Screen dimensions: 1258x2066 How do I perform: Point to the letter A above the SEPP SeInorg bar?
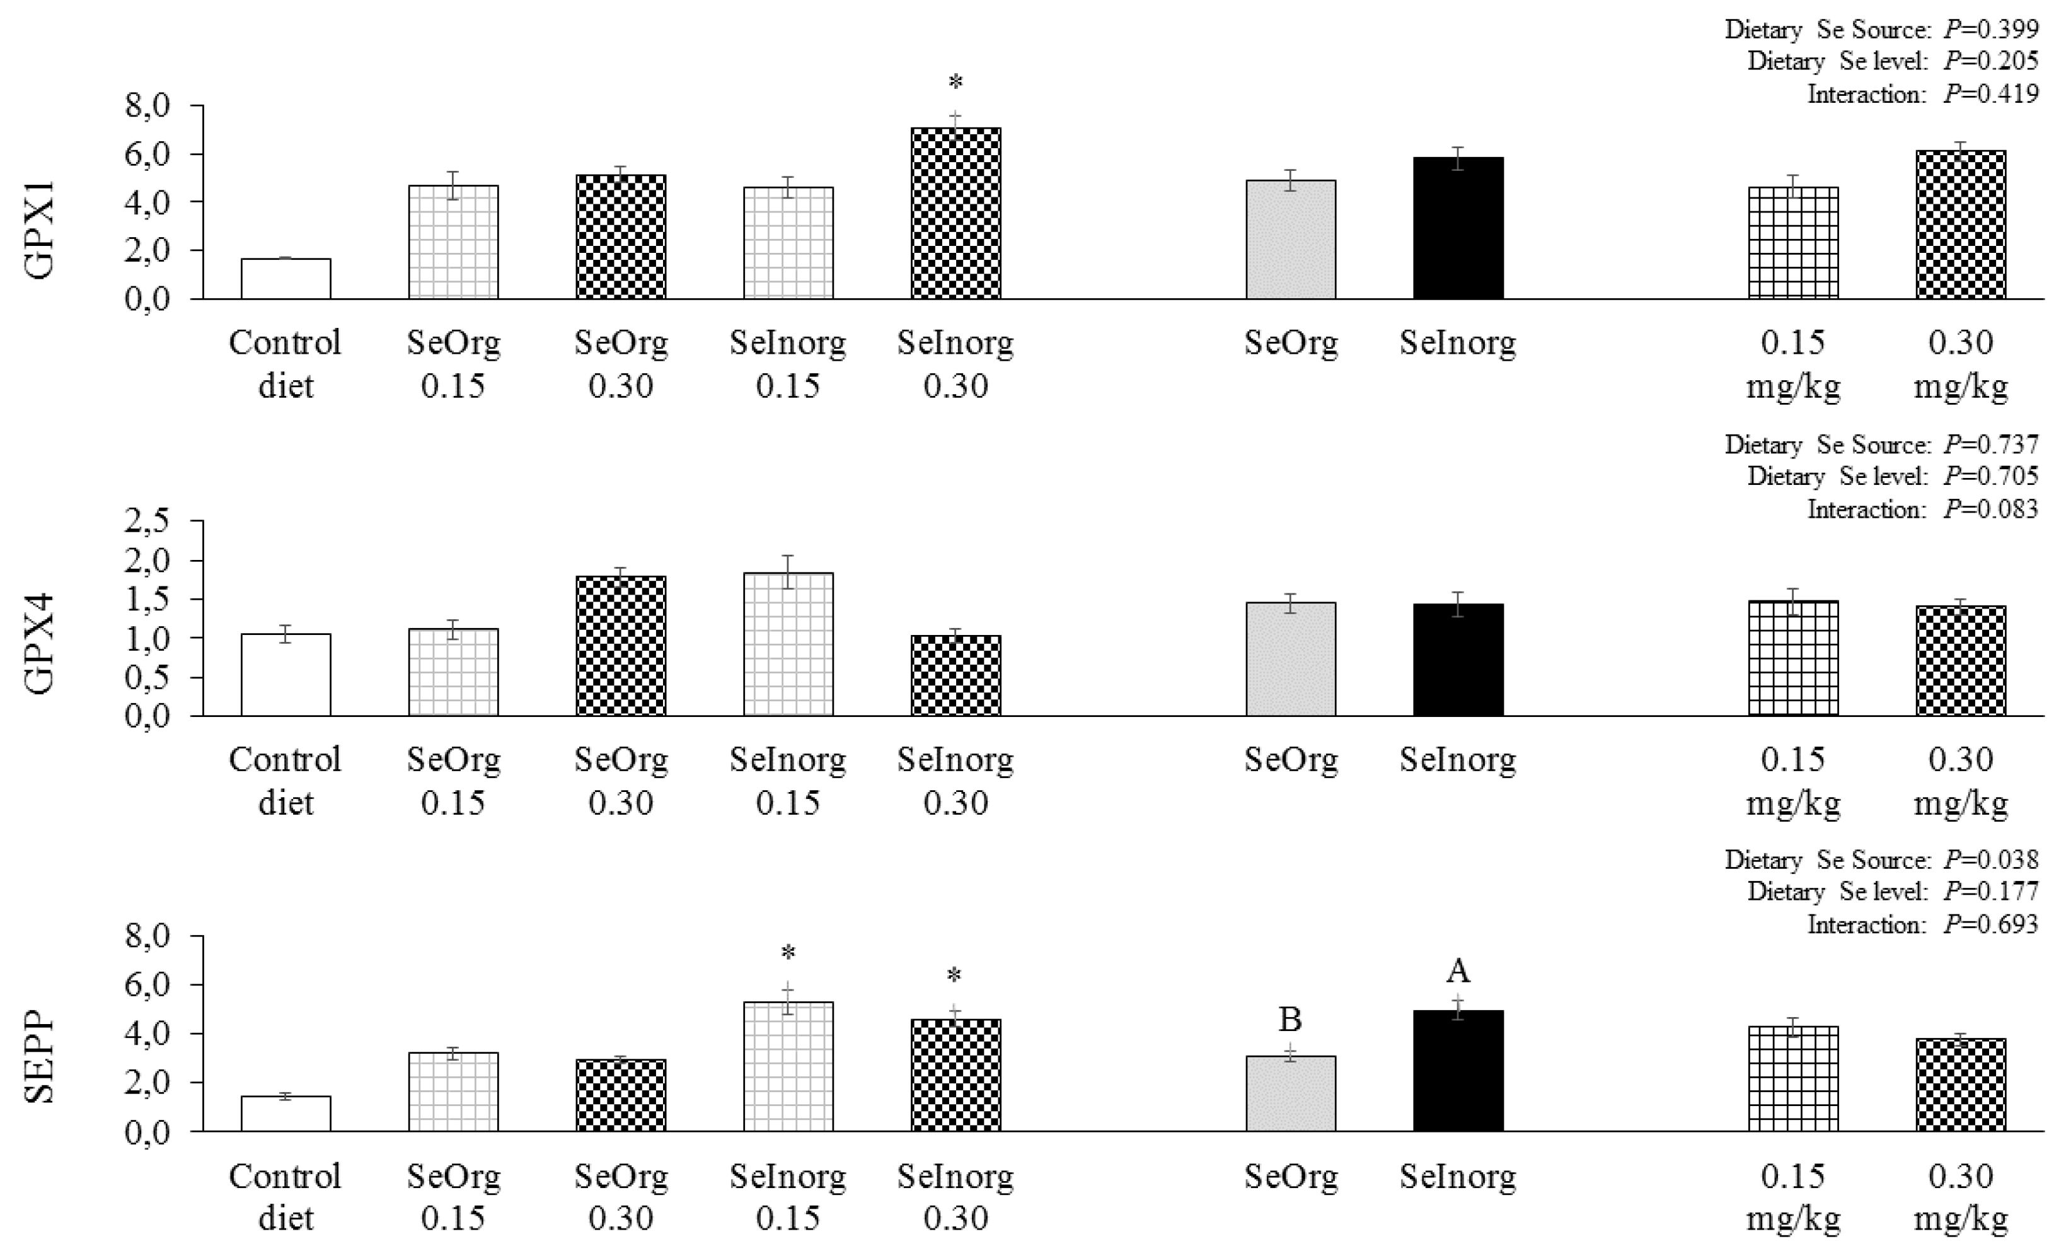coord(1458,971)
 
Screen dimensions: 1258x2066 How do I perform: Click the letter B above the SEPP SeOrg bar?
coord(1290,1019)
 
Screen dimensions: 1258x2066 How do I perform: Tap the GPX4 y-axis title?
coord(40,643)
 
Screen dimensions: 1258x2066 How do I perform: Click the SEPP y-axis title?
coord(40,1059)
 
